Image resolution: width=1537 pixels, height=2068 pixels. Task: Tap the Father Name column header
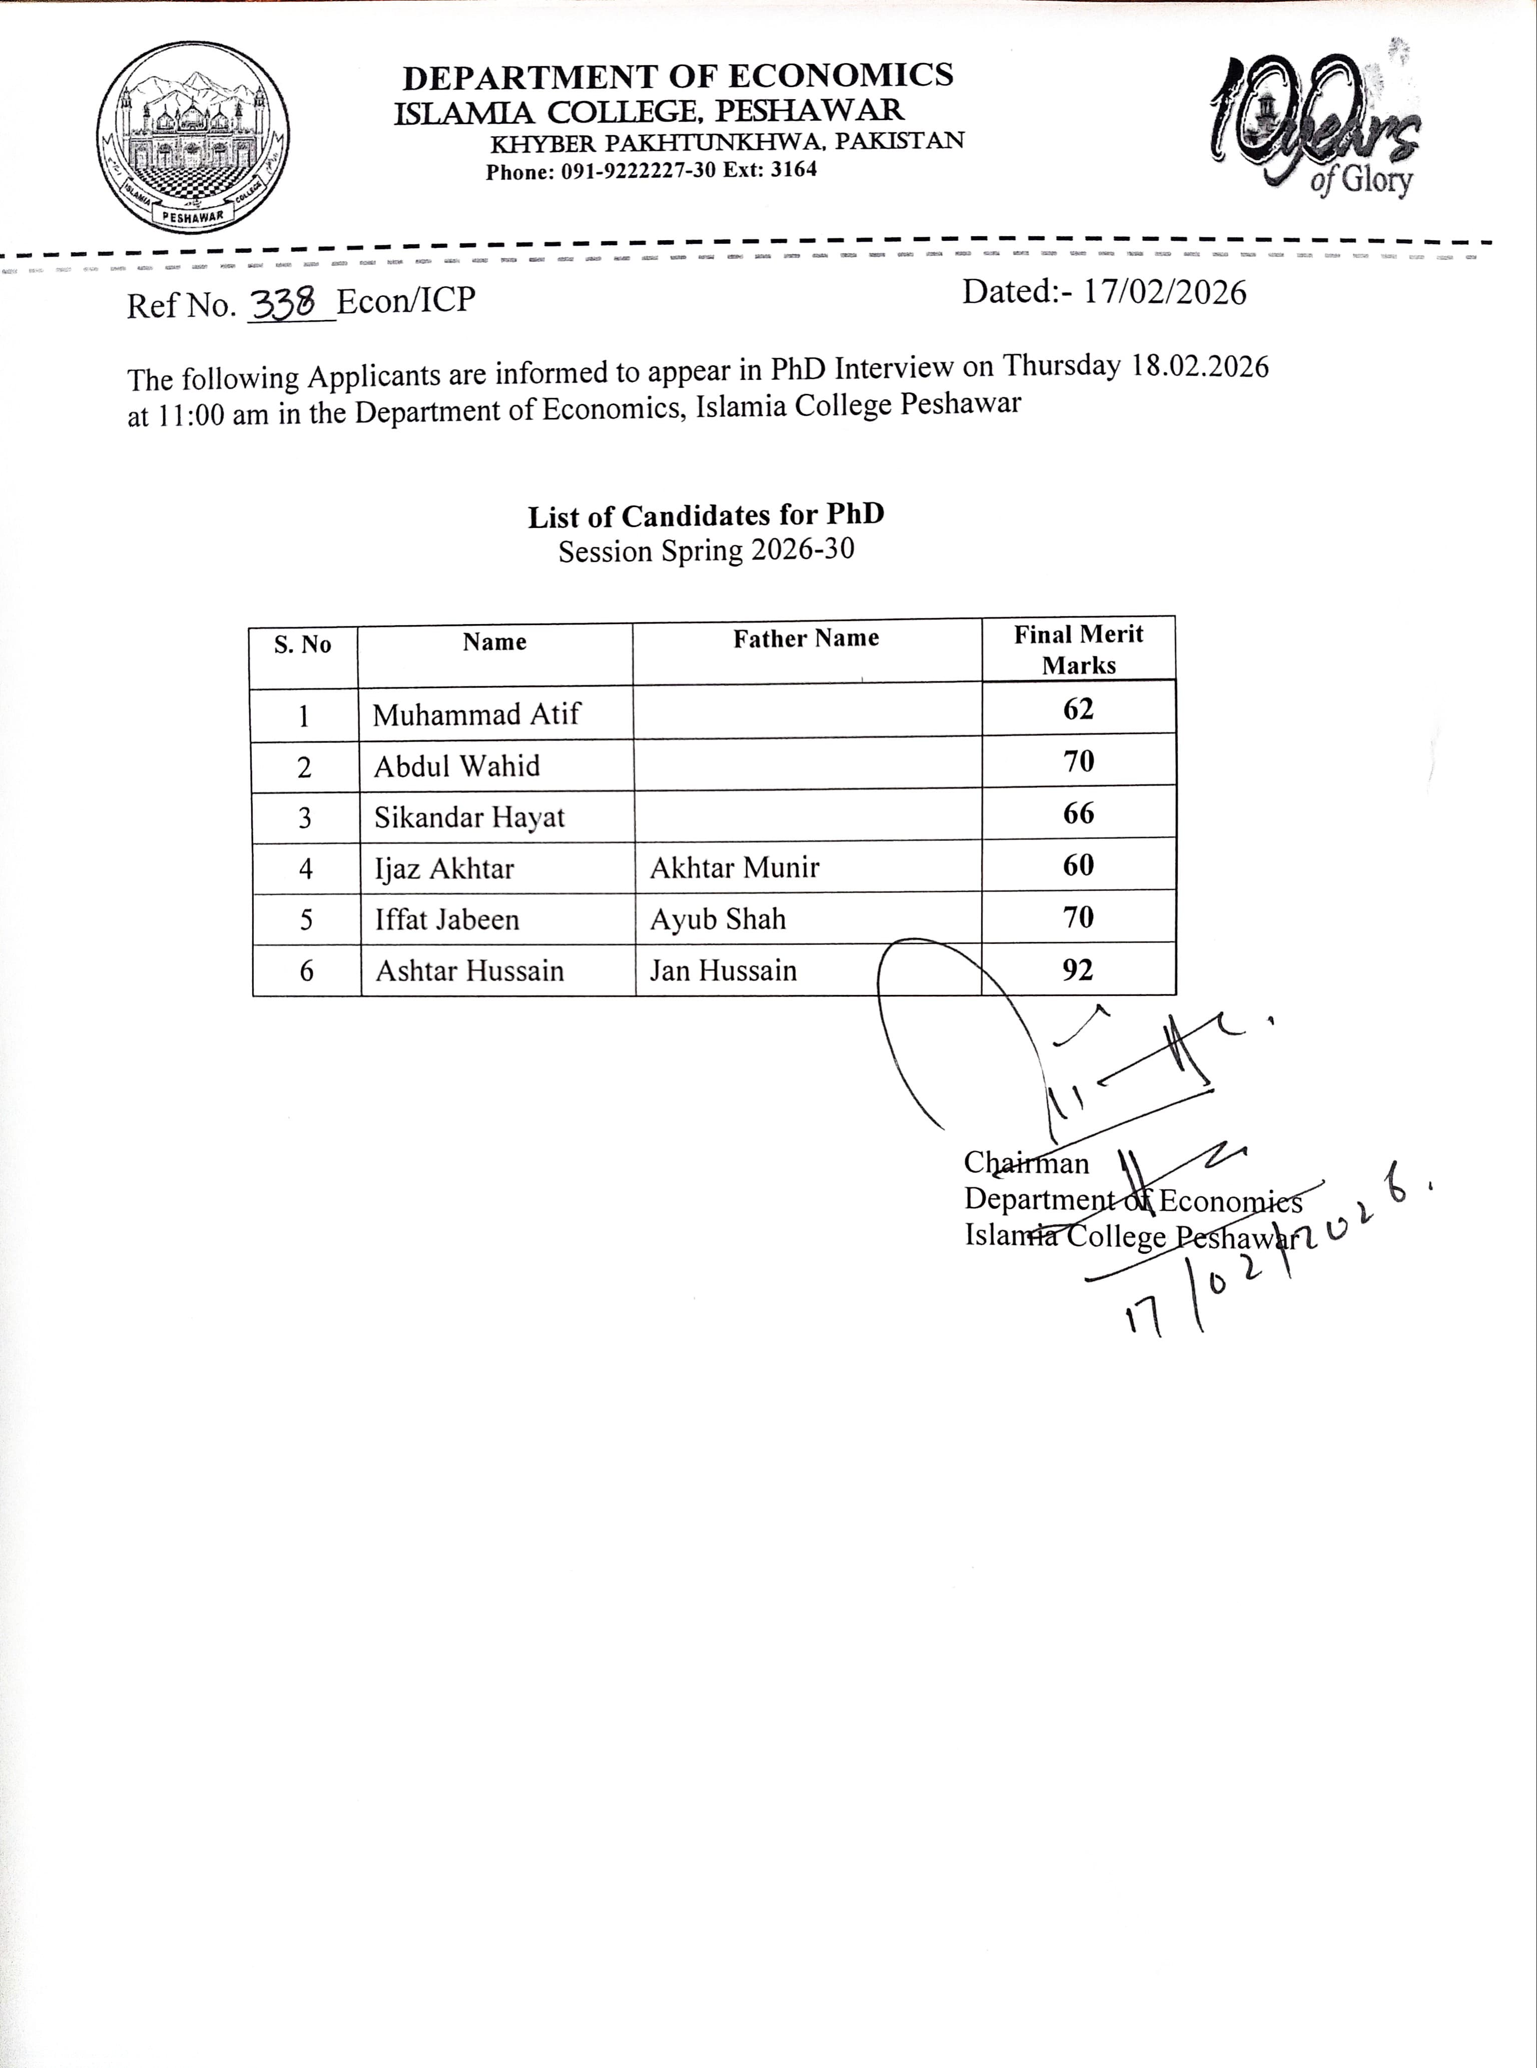click(x=806, y=638)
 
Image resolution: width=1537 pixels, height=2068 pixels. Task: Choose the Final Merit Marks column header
click(x=1079, y=649)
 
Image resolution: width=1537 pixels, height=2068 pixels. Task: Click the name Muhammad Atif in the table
click(x=476, y=715)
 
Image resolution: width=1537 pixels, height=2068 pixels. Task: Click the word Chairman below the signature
click(x=1026, y=1163)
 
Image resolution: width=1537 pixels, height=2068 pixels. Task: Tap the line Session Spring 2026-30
click(x=706, y=551)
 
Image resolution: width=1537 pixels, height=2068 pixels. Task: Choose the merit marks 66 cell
click(x=1079, y=814)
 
